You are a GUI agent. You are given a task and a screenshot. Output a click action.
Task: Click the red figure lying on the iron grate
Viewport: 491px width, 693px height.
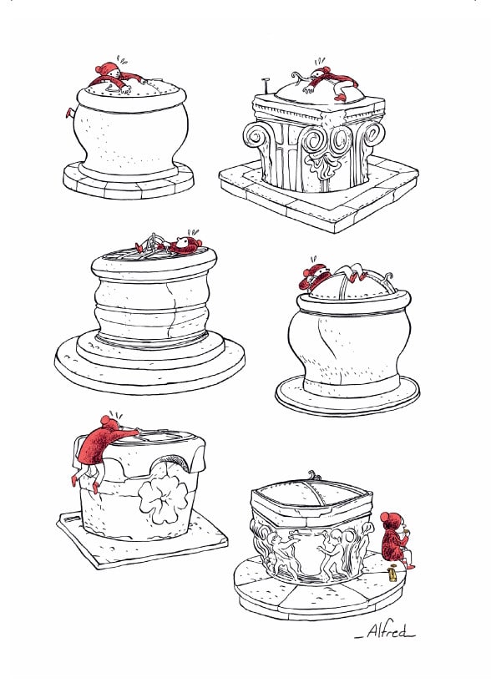pyautogui.click(x=185, y=245)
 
